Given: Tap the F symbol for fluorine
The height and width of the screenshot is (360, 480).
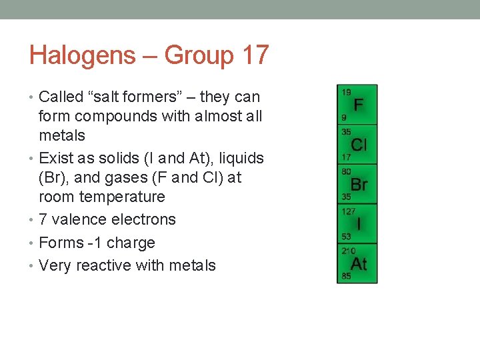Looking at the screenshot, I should click(x=359, y=105).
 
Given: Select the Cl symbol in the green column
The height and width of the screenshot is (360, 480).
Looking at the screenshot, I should click(x=359, y=145).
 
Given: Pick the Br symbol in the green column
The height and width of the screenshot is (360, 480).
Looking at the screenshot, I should click(x=359, y=184).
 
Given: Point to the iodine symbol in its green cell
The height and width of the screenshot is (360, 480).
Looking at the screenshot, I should click(x=359, y=223).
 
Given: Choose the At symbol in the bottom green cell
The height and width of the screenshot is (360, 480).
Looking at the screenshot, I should click(x=359, y=263).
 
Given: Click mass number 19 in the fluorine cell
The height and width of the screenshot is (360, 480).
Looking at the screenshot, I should click(x=347, y=91).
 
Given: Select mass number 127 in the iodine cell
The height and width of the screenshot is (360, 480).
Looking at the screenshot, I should click(x=349, y=211).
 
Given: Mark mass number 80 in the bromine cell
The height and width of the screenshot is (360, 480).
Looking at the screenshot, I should click(x=347, y=171).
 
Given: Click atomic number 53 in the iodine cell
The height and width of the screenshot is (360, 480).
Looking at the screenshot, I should click(x=347, y=236).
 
